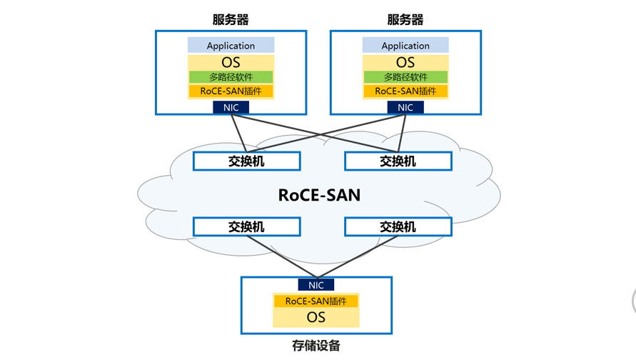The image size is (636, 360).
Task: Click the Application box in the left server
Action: click(231, 45)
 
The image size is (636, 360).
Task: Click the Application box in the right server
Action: click(405, 45)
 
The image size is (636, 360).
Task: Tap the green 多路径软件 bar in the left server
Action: click(231, 76)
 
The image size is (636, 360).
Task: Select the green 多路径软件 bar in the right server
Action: click(405, 76)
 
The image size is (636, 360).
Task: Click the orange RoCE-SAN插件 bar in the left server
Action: click(231, 91)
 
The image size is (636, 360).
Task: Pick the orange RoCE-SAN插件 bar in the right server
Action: click(405, 91)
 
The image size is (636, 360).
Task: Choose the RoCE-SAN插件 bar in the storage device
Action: click(316, 301)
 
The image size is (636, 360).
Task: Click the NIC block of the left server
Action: click(231, 107)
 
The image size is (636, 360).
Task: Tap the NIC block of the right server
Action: click(405, 107)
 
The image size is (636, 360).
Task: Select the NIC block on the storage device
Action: click(316, 285)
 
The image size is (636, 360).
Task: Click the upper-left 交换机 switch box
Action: click(246, 161)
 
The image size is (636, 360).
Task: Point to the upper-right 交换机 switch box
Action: click(398, 161)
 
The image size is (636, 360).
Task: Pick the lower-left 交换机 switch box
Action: click(246, 226)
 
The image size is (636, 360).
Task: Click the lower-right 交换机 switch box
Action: click(398, 226)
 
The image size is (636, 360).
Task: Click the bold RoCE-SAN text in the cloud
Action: click(319, 195)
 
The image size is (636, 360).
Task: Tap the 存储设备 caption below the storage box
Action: click(316, 346)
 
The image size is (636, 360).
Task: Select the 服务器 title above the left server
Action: click(231, 19)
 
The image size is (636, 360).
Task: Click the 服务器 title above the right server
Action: click(405, 19)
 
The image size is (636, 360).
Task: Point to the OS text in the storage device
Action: click(316, 317)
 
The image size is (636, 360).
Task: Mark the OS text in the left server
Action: click(231, 62)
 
